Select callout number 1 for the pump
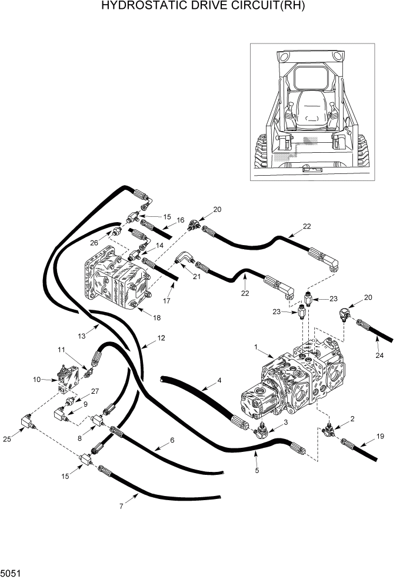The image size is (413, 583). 256,348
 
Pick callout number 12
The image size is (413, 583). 161,338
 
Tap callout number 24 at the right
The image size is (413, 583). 379,356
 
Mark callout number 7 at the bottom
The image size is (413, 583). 122,506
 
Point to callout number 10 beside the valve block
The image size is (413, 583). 38,380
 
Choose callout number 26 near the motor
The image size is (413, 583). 94,241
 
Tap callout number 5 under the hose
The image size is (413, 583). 257,470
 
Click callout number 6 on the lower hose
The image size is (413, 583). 172,440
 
